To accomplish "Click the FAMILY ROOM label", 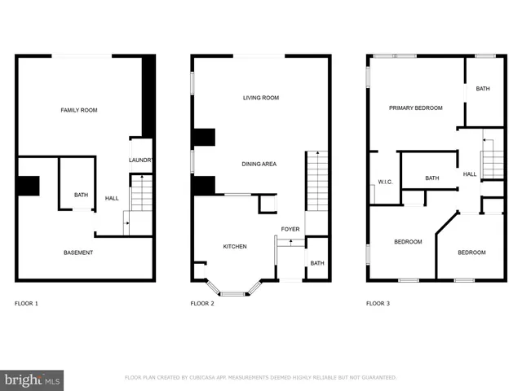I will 78,109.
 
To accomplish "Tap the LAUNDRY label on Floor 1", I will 141,160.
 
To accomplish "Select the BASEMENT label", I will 78,253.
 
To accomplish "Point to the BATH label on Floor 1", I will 81,195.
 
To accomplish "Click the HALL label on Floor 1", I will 112,198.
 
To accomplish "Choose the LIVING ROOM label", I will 261,98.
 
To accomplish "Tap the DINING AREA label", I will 259,164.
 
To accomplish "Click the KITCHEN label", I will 235,246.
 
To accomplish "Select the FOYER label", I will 290,229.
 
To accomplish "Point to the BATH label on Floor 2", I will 317,263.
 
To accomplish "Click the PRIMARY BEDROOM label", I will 415,108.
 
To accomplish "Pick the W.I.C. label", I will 385,182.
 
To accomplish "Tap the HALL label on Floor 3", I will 470,174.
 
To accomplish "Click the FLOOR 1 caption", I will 26,304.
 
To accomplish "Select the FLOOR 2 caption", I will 202,304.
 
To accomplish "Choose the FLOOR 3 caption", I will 378,304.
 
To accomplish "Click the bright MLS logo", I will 32,379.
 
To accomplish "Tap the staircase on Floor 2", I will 316,179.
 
